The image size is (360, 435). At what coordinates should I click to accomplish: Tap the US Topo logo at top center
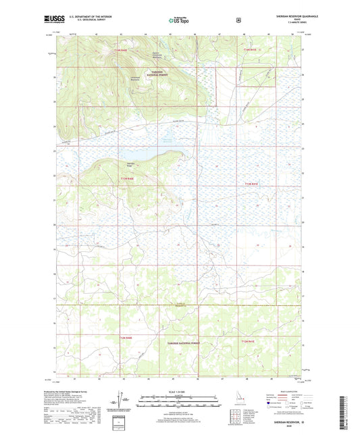[x=179, y=22]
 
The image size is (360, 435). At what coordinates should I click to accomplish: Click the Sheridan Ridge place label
[x=131, y=164]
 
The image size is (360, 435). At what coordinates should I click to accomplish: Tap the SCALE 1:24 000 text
[x=179, y=391]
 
